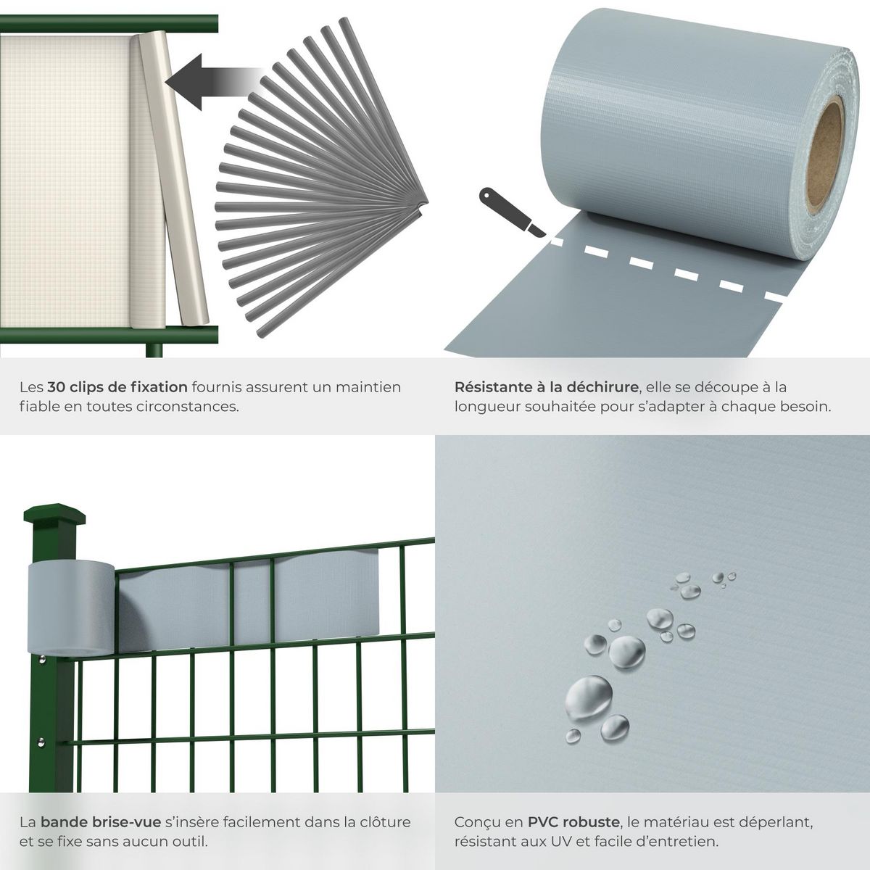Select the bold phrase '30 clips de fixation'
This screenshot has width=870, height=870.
coord(117,387)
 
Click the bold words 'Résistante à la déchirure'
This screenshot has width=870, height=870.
coord(546,387)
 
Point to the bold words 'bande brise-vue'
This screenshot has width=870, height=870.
coord(101,822)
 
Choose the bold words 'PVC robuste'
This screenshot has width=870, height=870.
coord(573,822)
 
